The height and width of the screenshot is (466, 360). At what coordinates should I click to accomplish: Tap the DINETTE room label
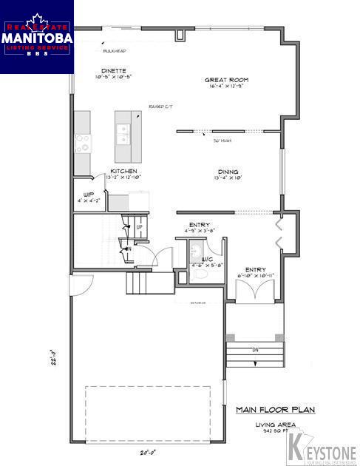point(113,71)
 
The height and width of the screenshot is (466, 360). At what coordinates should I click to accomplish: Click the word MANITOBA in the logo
point(36,35)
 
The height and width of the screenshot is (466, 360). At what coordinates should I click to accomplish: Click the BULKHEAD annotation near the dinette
point(115,51)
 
